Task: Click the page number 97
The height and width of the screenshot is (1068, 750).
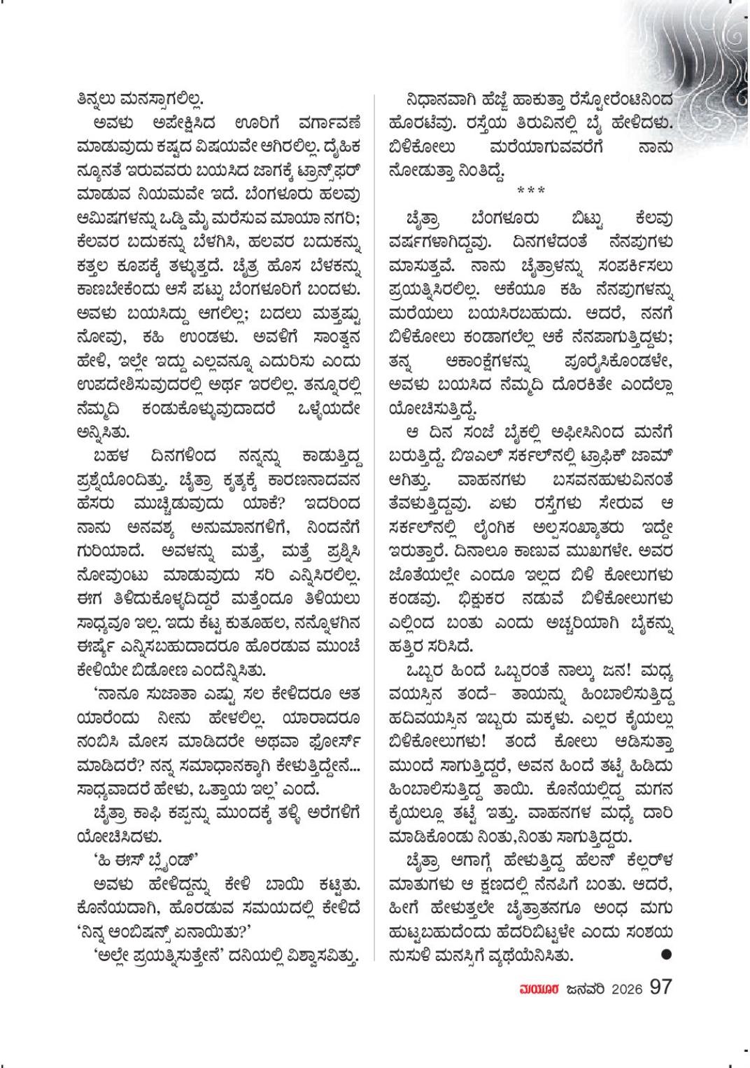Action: pos(660,988)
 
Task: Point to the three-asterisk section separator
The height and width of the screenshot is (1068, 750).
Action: pos(532,190)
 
